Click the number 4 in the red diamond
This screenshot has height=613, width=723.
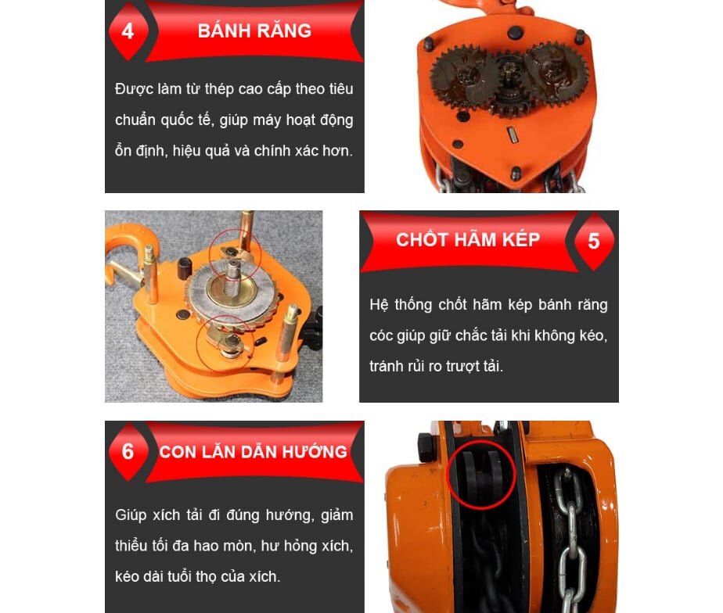[128, 32]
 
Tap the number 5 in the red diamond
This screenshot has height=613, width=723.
[594, 241]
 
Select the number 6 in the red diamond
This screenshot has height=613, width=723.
[128, 452]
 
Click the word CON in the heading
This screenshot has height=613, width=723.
[178, 452]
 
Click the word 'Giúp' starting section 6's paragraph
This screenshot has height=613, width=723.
[130, 515]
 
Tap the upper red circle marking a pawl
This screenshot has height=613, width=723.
[236, 250]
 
